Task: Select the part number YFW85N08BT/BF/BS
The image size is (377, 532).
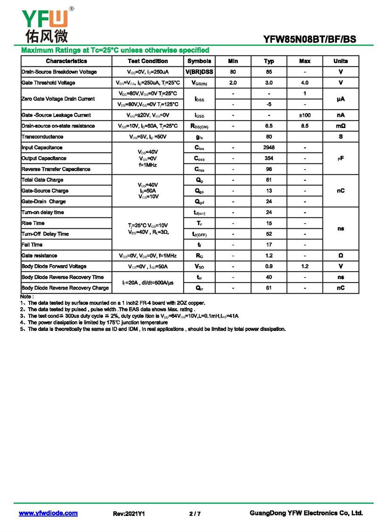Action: (310, 40)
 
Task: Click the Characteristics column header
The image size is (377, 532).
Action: (66, 61)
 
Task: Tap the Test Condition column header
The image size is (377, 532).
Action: (148, 61)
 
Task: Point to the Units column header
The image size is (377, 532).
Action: (340, 61)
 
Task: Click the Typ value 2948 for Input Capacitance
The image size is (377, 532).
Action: (269, 148)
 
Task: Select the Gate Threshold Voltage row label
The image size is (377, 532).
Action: (48, 83)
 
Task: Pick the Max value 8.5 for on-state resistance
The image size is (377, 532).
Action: (304, 126)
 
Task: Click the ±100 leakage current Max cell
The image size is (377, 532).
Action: (304, 115)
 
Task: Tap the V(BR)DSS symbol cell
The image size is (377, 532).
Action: (199, 72)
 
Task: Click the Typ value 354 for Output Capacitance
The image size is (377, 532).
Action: (269, 159)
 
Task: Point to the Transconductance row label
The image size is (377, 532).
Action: (42, 137)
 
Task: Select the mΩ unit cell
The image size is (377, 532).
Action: (340, 126)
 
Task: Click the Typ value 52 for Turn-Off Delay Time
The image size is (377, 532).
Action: (269, 234)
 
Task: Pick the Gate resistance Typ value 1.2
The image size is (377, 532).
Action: (269, 256)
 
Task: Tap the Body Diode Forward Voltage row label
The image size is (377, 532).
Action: (54, 266)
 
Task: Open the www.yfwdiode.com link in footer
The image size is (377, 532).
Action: (48, 513)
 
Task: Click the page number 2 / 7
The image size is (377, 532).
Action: (195, 514)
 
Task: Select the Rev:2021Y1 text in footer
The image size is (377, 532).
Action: (129, 514)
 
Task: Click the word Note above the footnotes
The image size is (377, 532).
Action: (26, 297)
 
